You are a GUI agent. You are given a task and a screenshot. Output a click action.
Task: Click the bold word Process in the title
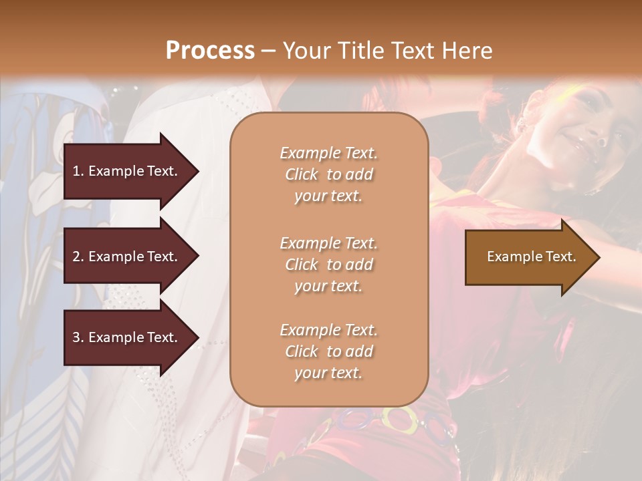click(210, 51)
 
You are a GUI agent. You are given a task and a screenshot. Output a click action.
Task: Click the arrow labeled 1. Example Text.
click(127, 171)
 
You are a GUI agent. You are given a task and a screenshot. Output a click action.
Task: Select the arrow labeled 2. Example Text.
click(127, 257)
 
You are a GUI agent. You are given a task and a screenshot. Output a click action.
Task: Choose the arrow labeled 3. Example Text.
click(127, 337)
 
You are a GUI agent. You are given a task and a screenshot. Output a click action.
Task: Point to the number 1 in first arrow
click(76, 171)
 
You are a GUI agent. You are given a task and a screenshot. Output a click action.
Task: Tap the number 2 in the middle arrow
click(76, 257)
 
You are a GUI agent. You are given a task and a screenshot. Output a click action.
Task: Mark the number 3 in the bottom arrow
click(76, 337)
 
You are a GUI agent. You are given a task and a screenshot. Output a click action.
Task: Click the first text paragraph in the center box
click(328, 174)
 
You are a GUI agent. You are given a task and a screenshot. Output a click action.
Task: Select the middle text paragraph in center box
click(328, 265)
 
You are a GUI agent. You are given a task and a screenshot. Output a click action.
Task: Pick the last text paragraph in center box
click(328, 351)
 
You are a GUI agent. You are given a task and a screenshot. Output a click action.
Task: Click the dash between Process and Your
click(268, 51)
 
